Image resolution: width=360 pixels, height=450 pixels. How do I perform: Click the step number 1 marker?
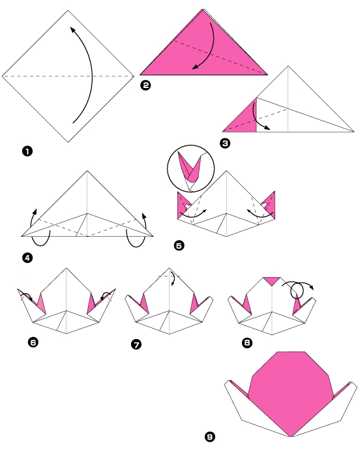pyautogui.click(x=27, y=151)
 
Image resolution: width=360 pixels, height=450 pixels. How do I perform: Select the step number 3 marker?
pyautogui.click(x=226, y=145)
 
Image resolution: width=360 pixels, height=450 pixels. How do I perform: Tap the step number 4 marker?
pyautogui.click(x=27, y=258)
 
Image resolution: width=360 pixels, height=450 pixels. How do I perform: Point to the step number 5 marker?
pyautogui.click(x=179, y=245)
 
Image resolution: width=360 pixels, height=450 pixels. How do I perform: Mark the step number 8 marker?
pyautogui.click(x=247, y=342)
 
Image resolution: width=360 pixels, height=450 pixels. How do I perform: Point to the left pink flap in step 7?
pyautogui.click(x=143, y=304)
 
